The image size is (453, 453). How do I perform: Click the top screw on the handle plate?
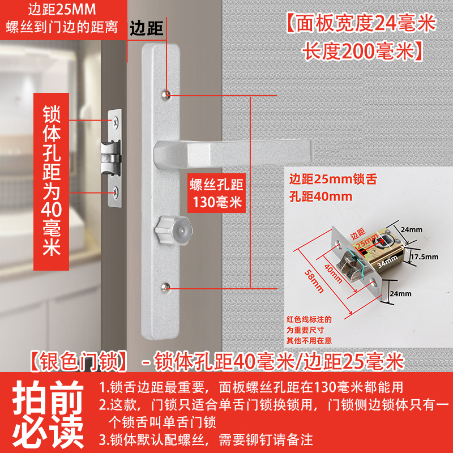165,95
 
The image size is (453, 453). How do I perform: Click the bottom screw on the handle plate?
165,288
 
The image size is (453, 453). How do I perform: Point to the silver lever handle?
233,154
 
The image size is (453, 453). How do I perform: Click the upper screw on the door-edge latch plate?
116,122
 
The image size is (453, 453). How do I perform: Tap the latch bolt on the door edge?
110,158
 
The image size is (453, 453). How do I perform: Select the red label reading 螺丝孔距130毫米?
216,193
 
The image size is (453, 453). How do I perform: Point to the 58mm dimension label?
314,281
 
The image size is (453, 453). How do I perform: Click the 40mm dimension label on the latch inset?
333,273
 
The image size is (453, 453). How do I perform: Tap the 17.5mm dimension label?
424,257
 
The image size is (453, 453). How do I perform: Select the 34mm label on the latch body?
387,261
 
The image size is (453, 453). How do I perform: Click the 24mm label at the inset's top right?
412,230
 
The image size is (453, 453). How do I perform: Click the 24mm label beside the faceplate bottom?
401,294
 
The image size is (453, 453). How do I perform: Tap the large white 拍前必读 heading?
48,414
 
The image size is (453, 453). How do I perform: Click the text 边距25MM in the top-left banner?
62,9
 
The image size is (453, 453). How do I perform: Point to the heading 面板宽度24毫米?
361,24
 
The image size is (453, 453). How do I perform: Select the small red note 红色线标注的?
309,319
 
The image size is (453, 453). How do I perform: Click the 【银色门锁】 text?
79,362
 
